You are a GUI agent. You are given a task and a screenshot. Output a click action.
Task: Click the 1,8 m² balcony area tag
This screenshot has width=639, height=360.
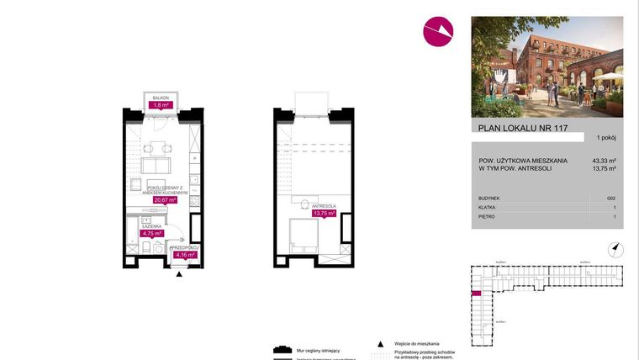160,106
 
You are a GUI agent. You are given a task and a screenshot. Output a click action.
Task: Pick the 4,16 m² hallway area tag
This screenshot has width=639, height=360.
184,254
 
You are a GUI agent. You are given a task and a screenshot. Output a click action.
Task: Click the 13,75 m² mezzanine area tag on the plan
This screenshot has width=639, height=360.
324,214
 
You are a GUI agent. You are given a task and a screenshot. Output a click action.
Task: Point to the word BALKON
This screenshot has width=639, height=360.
160,98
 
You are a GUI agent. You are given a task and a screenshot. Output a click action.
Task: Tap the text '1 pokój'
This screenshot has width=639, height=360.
607,137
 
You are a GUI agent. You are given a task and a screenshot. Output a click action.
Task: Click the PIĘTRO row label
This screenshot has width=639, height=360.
487,216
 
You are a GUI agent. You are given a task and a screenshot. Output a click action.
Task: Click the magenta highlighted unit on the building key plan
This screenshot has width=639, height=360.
476,294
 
